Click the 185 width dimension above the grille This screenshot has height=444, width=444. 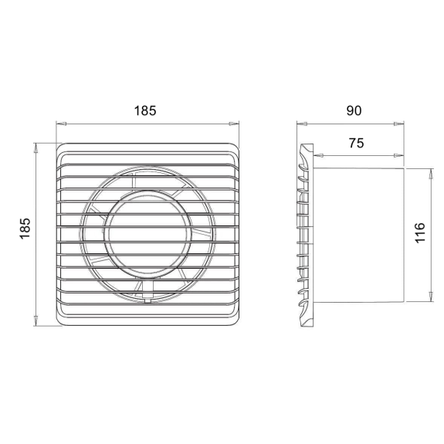pyautogui.click(x=145, y=110)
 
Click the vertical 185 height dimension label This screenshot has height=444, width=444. pyautogui.click(x=25, y=229)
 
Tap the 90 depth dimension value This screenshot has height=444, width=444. pyautogui.click(x=354, y=110)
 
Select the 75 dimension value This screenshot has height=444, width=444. pyautogui.click(x=356, y=143)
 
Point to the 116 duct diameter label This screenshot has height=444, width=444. pyautogui.click(x=420, y=232)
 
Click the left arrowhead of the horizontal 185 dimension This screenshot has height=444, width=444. pyautogui.click(x=61, y=124)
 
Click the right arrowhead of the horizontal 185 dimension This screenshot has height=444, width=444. pyautogui.click(x=234, y=124)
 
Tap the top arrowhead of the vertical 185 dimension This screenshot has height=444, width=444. pyautogui.click(x=36, y=147)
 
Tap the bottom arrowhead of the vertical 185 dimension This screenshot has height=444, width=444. pyautogui.click(x=36, y=320)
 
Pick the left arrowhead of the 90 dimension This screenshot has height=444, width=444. pyautogui.click(x=302, y=124)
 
